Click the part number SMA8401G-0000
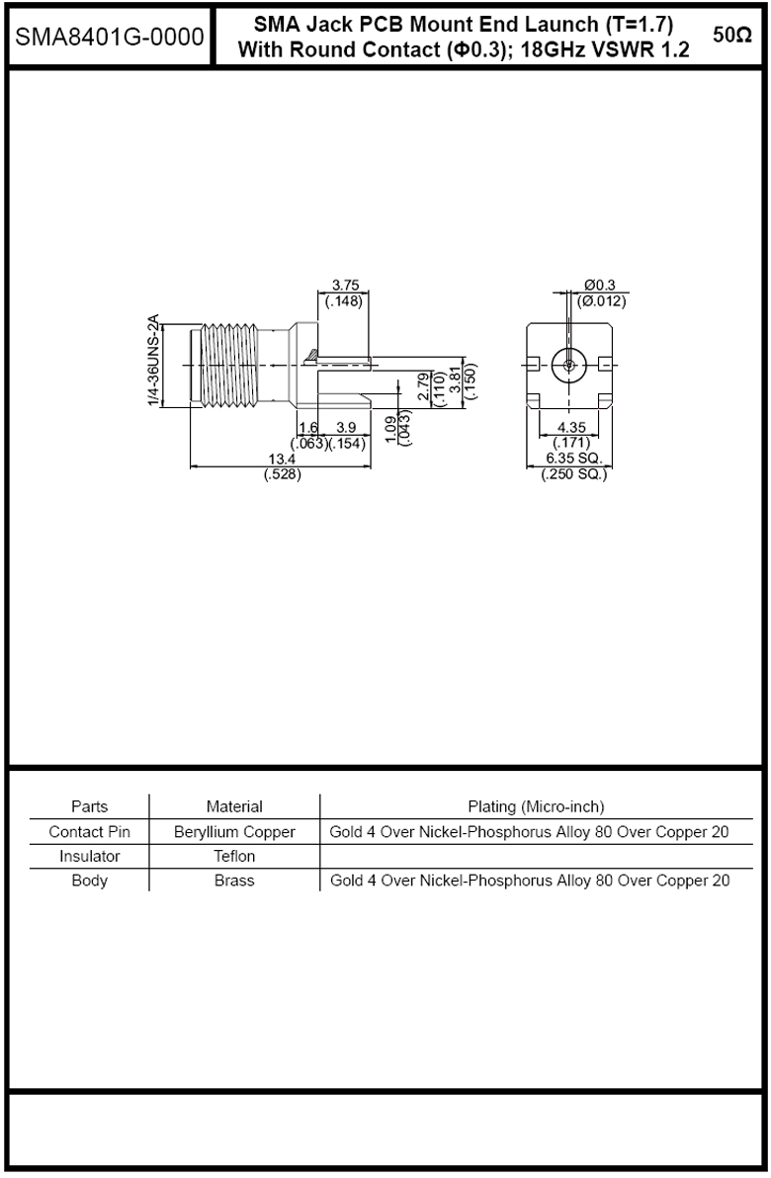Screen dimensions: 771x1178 110,37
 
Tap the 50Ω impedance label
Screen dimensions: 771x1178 731,36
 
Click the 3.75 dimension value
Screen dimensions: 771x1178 346,286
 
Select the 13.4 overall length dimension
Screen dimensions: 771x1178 282,459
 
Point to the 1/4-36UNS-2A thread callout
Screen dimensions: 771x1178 154,362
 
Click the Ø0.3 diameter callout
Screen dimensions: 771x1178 600,286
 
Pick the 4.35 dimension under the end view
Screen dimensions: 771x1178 571,428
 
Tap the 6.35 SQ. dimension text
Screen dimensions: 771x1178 574,459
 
